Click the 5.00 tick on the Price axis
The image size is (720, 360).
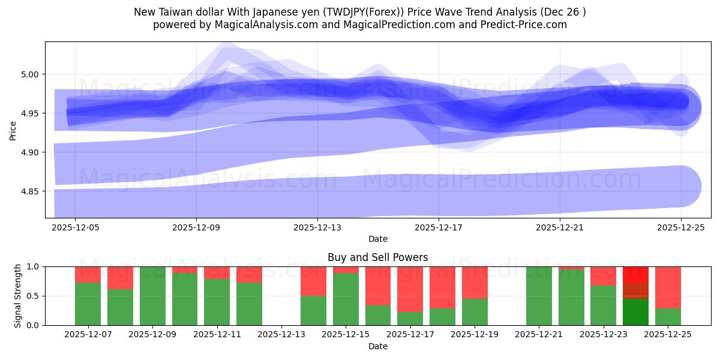(30, 74)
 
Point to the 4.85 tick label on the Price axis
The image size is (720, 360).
(30, 191)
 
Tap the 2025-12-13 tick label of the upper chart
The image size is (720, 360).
(317, 228)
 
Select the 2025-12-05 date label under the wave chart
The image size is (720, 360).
(75, 228)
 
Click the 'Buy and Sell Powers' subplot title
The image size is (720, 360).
(377, 257)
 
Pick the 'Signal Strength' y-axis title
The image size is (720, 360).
(17, 296)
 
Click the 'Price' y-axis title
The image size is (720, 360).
(13, 130)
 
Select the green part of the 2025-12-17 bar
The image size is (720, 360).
(410, 319)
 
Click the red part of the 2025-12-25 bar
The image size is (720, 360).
(668, 287)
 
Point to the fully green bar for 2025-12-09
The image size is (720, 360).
(152, 296)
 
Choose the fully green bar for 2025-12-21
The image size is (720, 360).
(539, 296)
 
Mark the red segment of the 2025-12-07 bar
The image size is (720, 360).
(88, 274)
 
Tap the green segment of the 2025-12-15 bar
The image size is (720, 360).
(346, 299)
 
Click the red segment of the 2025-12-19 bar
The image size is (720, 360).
(475, 282)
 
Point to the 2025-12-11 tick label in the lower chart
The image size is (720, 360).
(217, 335)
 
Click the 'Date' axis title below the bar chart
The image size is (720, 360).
(377, 346)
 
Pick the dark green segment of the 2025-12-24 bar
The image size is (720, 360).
(635, 312)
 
